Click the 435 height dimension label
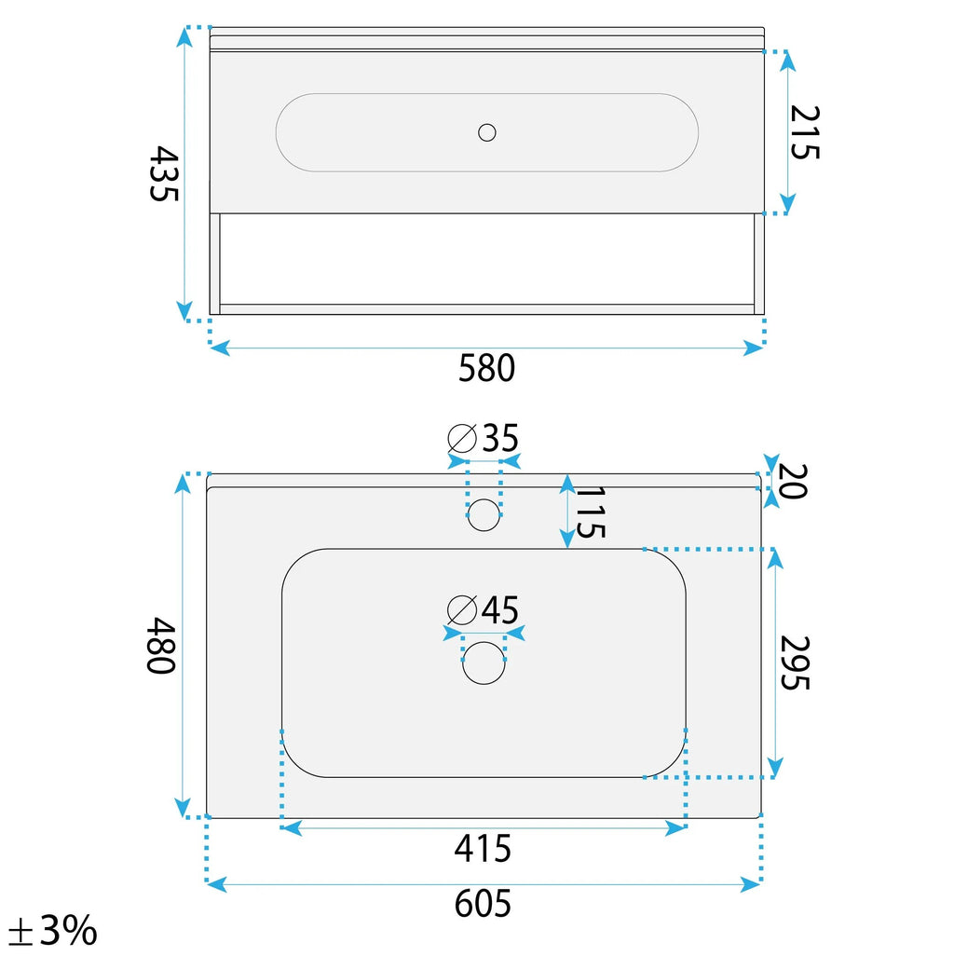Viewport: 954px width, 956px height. click(x=164, y=173)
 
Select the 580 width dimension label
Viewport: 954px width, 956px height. click(x=486, y=368)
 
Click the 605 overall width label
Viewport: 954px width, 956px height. click(x=483, y=904)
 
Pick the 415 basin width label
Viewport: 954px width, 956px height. click(x=483, y=848)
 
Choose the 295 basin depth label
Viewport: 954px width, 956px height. click(x=795, y=662)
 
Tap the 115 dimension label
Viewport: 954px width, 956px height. click(x=590, y=512)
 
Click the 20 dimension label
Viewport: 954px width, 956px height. click(x=793, y=481)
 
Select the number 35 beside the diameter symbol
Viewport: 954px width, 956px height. click(x=500, y=438)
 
